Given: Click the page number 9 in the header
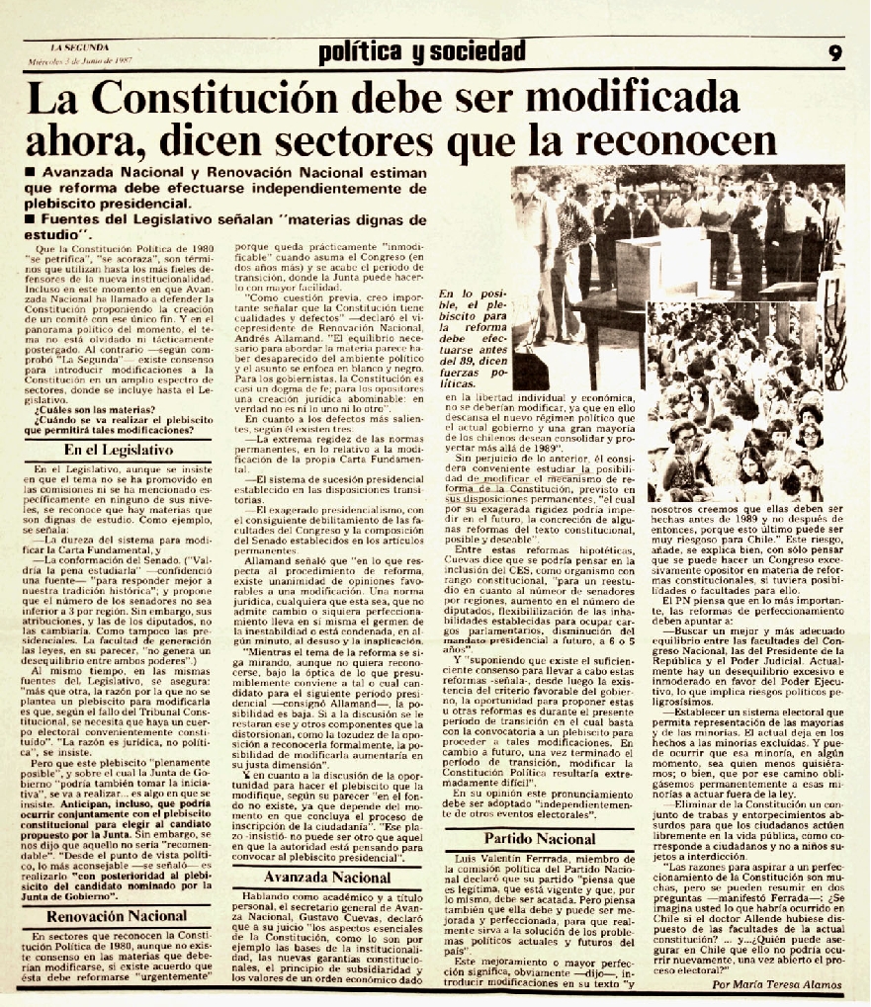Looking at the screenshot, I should [835, 53].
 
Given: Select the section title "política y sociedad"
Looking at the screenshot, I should [422, 52].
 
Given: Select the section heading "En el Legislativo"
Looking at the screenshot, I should [119, 449].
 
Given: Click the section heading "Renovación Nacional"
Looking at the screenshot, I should [119, 915].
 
